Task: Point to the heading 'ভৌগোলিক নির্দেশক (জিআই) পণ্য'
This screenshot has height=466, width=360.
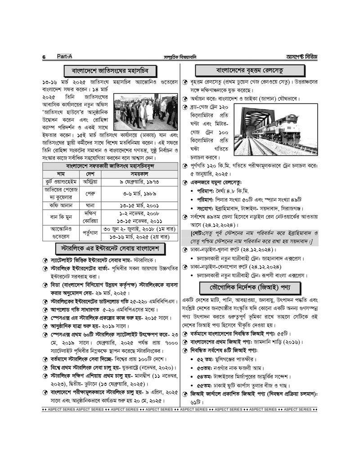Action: pyautogui.click(x=249, y=287)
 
